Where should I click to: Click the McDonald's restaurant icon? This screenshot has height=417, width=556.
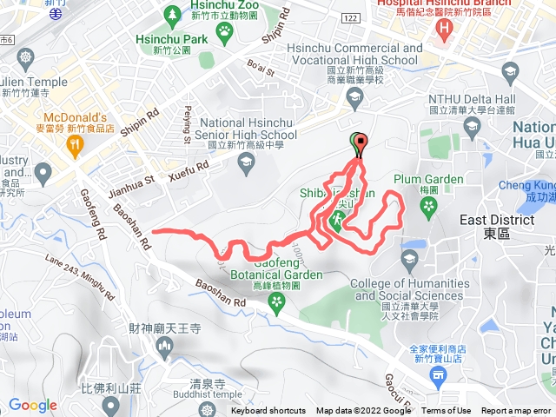point(76,147)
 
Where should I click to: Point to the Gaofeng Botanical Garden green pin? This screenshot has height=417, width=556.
point(277,302)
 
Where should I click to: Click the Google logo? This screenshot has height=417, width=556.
point(33,405)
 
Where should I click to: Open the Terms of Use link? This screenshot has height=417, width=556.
point(446,411)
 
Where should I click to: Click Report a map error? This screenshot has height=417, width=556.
point(516,411)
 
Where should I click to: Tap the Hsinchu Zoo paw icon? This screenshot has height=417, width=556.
point(225,31)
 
